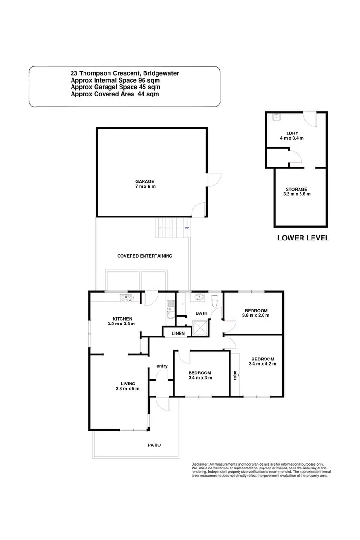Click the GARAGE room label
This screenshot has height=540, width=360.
click(144, 182)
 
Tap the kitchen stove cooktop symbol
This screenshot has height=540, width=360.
click(127, 297)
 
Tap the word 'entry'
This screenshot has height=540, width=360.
click(162, 366)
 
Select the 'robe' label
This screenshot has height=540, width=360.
click(235, 374)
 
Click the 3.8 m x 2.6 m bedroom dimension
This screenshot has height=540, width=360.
click(256, 315)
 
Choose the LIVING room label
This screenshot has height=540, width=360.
click(128, 384)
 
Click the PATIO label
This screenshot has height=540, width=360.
click(154, 445)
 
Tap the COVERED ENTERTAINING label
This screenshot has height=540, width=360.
click(144, 256)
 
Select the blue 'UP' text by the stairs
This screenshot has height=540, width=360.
click(187, 228)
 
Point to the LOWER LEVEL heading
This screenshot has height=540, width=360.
click(303, 238)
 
